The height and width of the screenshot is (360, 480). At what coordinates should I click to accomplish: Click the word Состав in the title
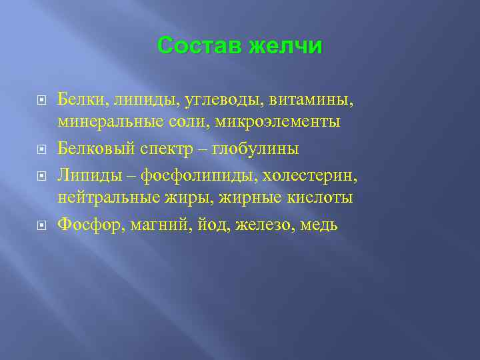point(199,46)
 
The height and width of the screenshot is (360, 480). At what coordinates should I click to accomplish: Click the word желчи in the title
point(285,46)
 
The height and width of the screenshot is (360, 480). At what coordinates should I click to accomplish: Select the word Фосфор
point(85,224)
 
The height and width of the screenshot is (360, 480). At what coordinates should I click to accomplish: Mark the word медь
point(319,224)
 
